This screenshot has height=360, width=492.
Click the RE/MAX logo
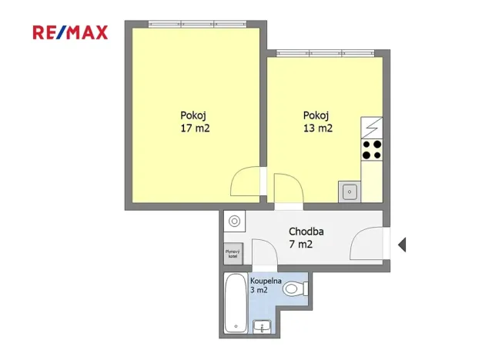[70, 32]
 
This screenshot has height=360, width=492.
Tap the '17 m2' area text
[194, 128]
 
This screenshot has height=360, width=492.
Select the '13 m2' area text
[317, 128]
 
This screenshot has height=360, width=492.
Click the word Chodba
[306, 231]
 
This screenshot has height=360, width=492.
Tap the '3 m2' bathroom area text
[258, 290]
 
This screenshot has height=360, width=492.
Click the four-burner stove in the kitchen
[372, 149]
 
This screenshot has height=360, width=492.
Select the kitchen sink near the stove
[349, 191]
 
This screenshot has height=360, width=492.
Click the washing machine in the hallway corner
[233, 222]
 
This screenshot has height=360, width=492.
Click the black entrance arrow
[401, 245]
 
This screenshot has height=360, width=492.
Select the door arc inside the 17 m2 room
[246, 182]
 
